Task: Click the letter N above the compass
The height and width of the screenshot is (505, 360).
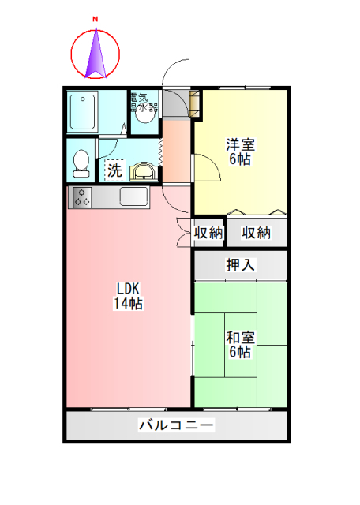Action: pos(96,17)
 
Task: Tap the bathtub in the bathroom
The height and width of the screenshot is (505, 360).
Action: pos(82,113)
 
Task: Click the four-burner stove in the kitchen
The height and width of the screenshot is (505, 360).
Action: pos(82,197)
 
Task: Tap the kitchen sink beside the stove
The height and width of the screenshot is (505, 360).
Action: pos(132,196)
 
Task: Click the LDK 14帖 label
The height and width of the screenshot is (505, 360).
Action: pos(128,295)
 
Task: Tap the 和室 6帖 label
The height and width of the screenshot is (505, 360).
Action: pos(241,345)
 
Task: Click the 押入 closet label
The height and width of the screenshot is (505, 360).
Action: pos(241,265)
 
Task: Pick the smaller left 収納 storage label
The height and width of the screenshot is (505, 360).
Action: pos(208,233)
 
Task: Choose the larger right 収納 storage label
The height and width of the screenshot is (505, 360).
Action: pos(257,233)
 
